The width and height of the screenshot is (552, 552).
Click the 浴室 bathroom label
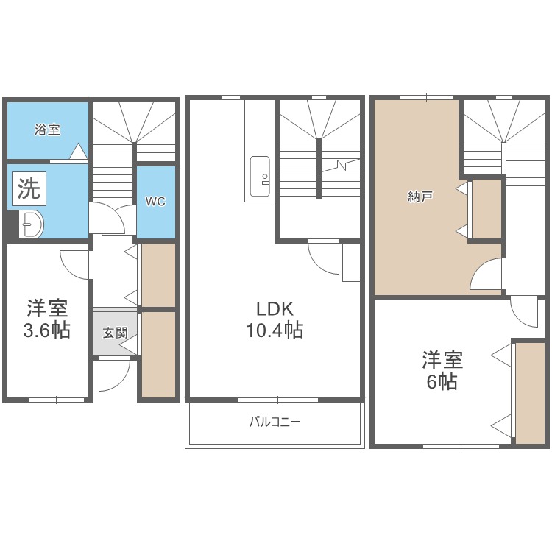(x=47, y=130)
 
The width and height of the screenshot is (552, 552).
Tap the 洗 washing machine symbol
(x=29, y=189)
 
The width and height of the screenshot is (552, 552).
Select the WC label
(x=155, y=201)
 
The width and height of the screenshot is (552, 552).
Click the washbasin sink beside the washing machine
(x=31, y=224)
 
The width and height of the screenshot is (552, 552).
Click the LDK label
(x=274, y=307)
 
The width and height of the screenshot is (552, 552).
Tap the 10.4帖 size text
(x=274, y=330)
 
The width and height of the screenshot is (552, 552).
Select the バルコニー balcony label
(x=275, y=422)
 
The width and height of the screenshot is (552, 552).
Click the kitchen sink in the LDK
(x=260, y=176)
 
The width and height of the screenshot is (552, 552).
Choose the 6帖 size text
(x=442, y=382)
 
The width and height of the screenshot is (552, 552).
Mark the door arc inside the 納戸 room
(x=486, y=276)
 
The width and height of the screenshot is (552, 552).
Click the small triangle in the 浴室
(x=79, y=152)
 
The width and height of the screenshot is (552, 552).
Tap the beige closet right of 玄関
(x=158, y=354)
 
